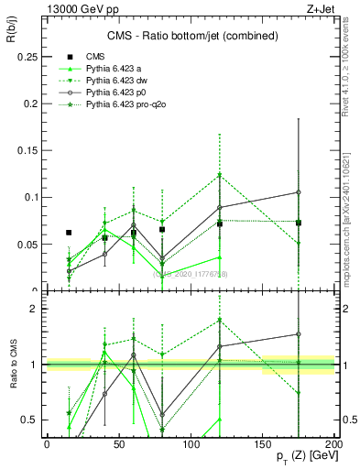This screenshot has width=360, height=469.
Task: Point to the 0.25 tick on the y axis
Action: pyautogui.click(x=29, y=57)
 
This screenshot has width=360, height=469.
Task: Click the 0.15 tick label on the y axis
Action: pyautogui.click(x=29, y=150)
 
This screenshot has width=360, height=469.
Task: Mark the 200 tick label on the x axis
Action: pyautogui.click(x=333, y=442)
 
